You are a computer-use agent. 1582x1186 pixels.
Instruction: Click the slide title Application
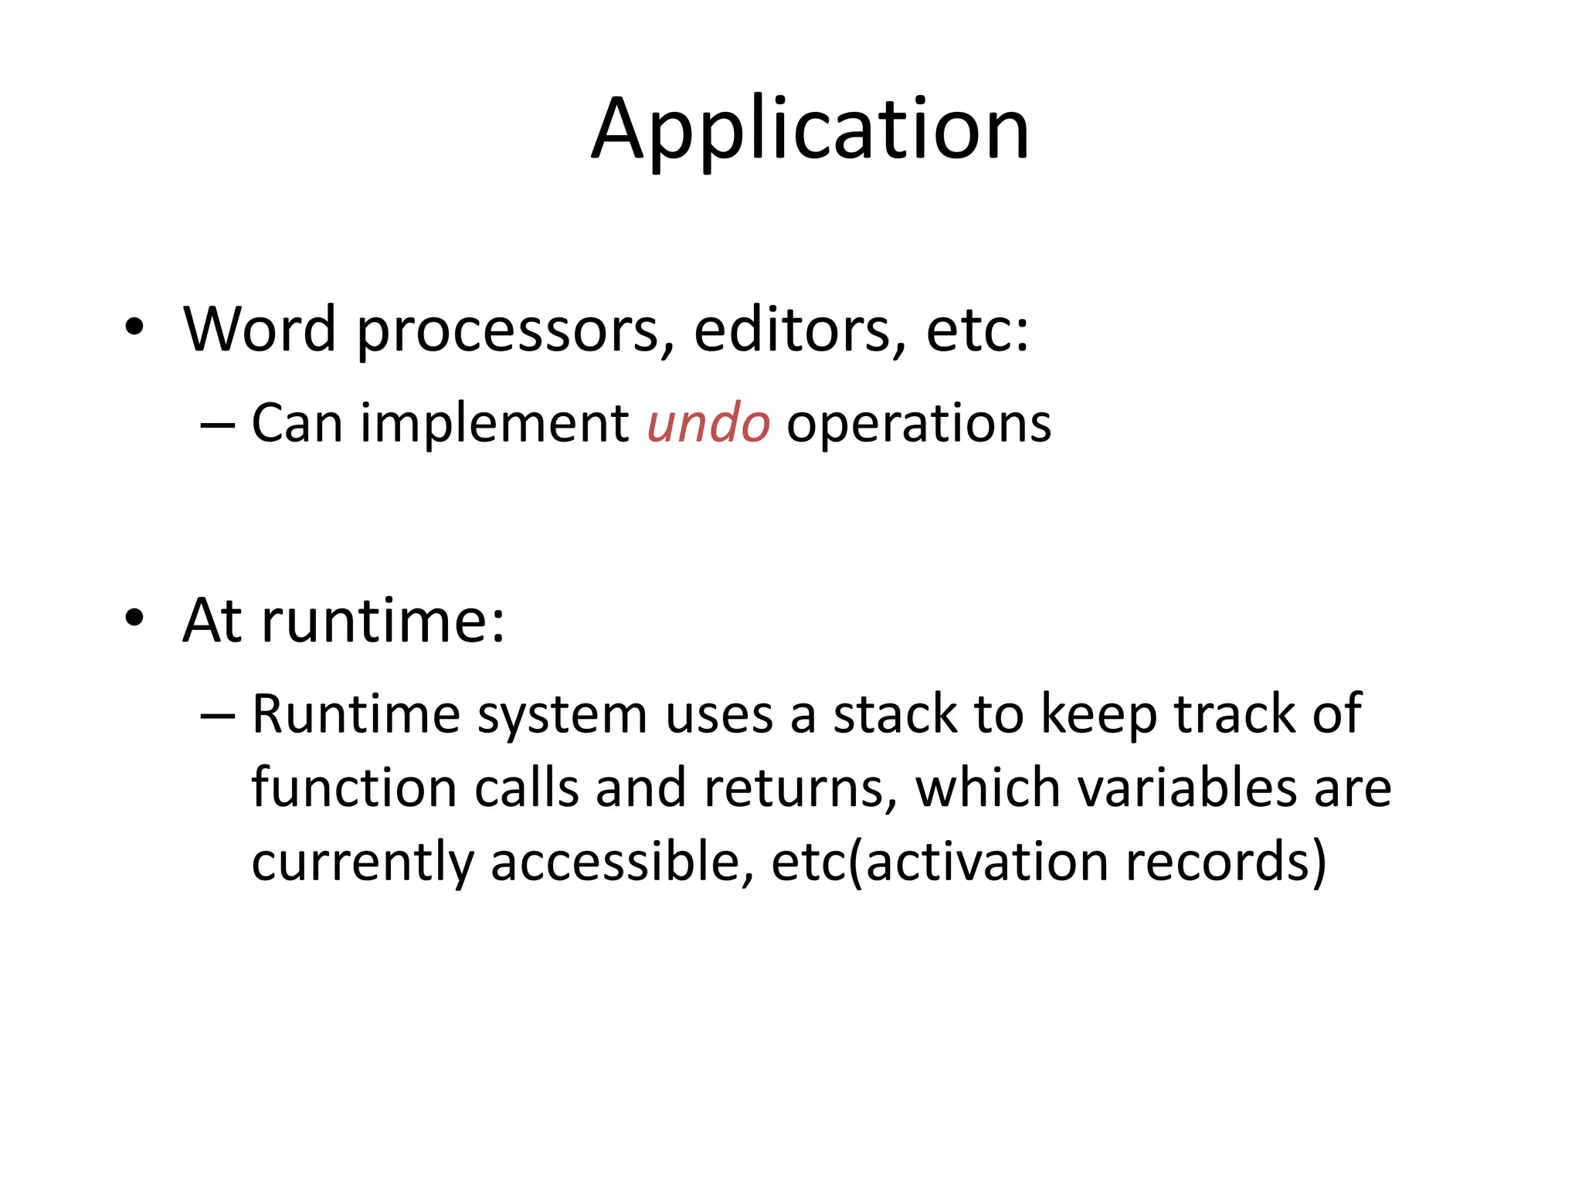(810, 130)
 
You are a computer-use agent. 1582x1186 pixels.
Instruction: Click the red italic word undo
(708, 424)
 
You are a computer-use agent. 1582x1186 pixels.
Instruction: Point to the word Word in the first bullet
(260, 330)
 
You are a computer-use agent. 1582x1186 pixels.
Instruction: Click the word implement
(494, 424)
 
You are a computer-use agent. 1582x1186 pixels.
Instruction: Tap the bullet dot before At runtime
(134, 618)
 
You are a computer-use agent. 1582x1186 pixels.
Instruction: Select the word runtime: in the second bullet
(383, 621)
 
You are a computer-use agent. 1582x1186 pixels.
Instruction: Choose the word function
(354, 788)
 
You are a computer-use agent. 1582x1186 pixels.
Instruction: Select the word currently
(362, 863)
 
